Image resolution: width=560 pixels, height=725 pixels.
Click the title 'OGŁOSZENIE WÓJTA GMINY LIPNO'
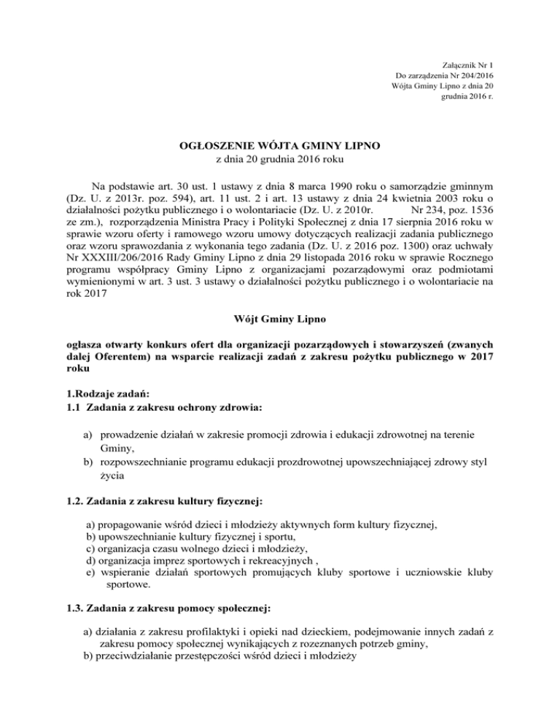pos(279,147)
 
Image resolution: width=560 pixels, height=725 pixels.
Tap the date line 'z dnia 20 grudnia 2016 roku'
pos(280,160)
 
